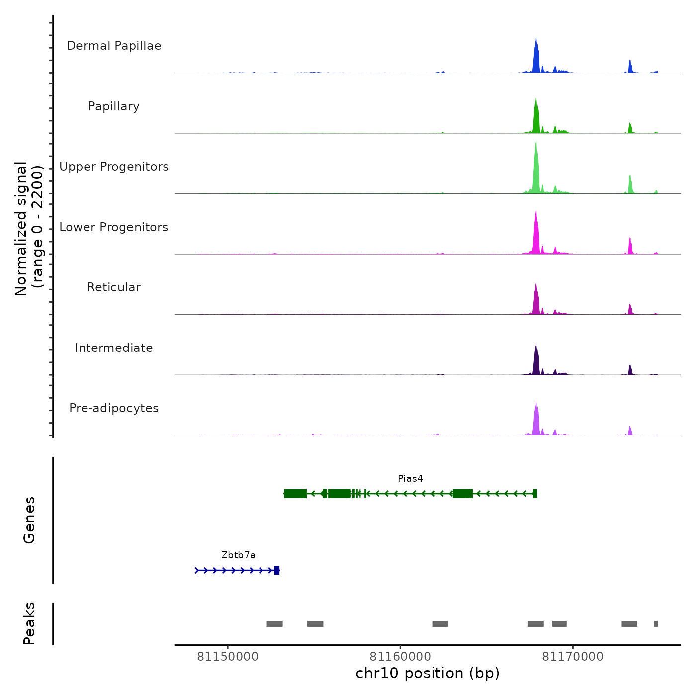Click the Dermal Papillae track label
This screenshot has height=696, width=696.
(x=114, y=46)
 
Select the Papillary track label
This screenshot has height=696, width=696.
(x=114, y=106)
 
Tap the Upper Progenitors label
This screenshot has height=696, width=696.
(x=114, y=167)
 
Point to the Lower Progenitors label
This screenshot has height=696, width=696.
(x=114, y=227)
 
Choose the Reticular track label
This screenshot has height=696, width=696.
(x=114, y=287)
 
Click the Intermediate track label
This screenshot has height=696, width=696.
(x=114, y=348)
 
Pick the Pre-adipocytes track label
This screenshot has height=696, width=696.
(x=114, y=408)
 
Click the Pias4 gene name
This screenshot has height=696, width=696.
(x=410, y=479)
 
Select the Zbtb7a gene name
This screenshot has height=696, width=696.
(x=238, y=555)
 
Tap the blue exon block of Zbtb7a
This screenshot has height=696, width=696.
(x=277, y=570)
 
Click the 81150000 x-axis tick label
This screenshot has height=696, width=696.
(x=228, y=657)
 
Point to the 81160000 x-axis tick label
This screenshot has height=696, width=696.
(x=400, y=657)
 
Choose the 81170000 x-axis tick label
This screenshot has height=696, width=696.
(x=573, y=657)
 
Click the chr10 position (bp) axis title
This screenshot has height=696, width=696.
(x=428, y=673)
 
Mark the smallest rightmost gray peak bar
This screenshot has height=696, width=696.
(x=656, y=624)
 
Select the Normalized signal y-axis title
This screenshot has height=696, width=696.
(x=29, y=229)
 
